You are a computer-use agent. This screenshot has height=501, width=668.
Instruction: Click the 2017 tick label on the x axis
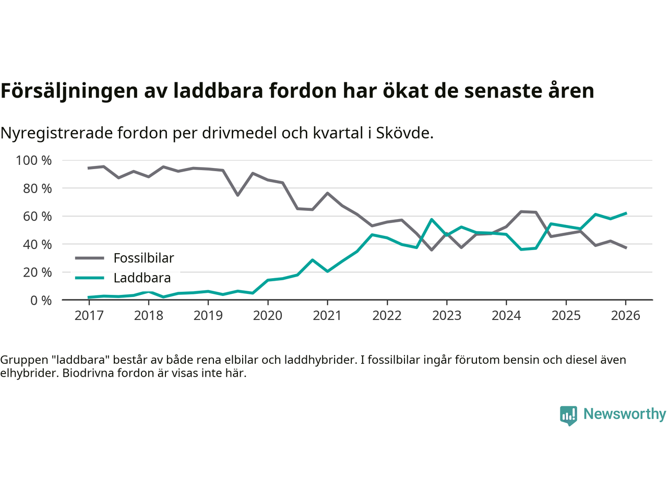coord(89,316)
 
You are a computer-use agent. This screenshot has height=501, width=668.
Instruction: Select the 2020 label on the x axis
coord(268,316)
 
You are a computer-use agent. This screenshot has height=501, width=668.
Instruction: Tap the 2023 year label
coord(447,316)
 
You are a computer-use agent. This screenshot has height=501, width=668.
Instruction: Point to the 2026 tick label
coord(626,316)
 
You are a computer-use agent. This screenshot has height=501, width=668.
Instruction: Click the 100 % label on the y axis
coord(34,160)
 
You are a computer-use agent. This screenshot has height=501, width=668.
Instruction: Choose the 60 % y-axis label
coord(37,216)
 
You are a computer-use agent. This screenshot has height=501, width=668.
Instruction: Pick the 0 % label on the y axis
coord(40,300)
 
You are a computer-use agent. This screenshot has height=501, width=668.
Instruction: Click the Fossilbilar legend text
coord(144,258)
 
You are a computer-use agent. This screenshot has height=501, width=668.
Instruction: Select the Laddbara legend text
coord(142,278)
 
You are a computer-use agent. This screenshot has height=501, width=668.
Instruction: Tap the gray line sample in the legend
coord(90,258)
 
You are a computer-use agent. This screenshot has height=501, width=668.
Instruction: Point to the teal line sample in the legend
coord(90,278)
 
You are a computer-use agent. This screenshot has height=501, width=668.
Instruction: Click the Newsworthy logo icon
coord(568,415)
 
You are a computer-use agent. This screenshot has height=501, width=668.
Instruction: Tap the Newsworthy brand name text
coord(625,414)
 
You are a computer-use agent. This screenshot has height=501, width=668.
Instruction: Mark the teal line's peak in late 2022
coord(432,220)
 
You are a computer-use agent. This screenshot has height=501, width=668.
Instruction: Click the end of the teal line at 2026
coord(626,213)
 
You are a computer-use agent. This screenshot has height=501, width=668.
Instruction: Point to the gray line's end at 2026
coord(626,248)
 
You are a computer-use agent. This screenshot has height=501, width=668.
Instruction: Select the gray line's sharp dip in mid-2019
coord(238,195)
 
